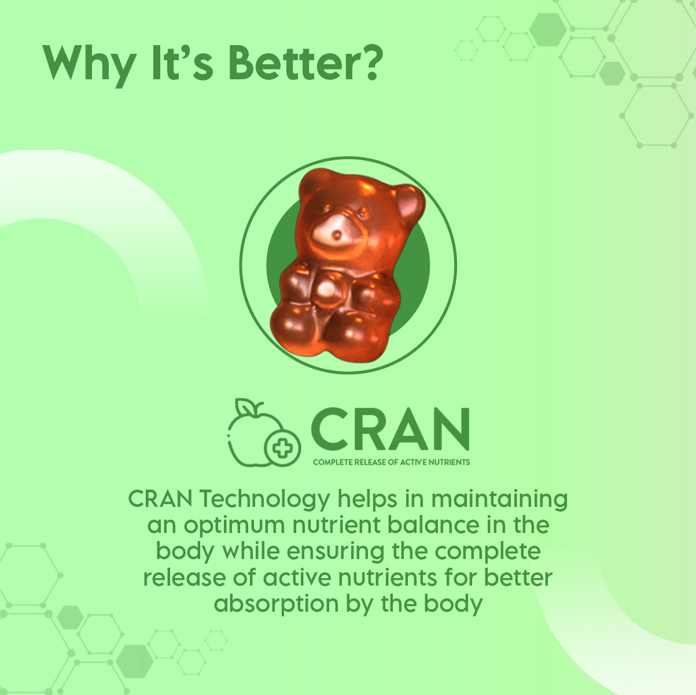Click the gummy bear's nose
(x=337, y=235)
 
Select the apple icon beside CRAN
(x=264, y=432)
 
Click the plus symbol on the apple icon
(x=282, y=448)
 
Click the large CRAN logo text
(x=390, y=429)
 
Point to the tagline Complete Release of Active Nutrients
(x=391, y=462)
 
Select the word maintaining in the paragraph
(x=499, y=499)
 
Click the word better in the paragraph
(x=518, y=578)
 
